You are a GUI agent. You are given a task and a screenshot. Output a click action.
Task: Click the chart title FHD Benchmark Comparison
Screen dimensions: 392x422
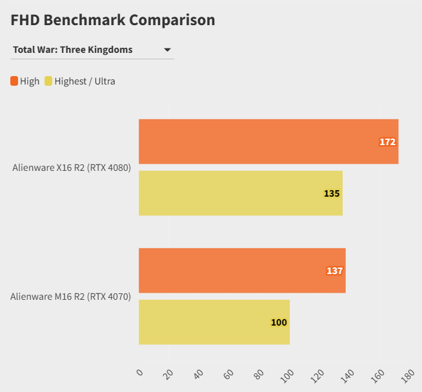pyautogui.click(x=113, y=20)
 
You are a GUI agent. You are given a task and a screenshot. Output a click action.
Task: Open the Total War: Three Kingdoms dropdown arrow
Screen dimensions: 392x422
pyautogui.click(x=167, y=50)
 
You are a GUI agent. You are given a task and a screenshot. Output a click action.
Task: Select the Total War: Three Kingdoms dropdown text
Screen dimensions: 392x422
pyautogui.click(x=72, y=50)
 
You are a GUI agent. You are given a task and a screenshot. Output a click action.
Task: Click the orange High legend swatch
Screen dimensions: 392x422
pyautogui.click(x=14, y=81)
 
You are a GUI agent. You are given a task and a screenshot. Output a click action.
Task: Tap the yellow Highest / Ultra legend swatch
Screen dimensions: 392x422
pyautogui.click(x=48, y=81)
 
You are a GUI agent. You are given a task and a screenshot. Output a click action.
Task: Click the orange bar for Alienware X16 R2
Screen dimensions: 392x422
pyautogui.click(x=268, y=141)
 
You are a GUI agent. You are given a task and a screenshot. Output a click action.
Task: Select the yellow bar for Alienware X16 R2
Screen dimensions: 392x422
pyautogui.click(x=240, y=193)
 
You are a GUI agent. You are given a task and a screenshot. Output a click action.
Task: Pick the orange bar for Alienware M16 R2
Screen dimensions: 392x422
pyautogui.click(x=242, y=270)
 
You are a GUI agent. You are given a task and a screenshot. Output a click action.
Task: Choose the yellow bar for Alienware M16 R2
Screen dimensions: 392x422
pyautogui.click(x=214, y=322)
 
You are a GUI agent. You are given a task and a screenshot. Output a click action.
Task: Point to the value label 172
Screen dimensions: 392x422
pyautogui.click(x=387, y=142)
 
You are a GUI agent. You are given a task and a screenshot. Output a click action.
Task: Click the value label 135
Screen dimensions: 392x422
pyautogui.click(x=332, y=193)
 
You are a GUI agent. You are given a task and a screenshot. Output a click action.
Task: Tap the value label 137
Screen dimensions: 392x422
pyautogui.click(x=334, y=271)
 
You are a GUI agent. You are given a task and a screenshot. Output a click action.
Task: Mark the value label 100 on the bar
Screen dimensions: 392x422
pyautogui.click(x=279, y=322)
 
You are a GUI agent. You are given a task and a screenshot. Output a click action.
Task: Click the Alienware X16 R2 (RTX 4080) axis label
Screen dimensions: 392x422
pyautogui.click(x=72, y=168)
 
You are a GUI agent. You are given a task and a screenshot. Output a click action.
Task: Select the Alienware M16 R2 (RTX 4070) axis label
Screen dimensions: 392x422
pyautogui.click(x=70, y=297)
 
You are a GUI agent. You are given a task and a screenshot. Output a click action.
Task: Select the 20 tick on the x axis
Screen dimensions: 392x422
pyautogui.click(x=169, y=374)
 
